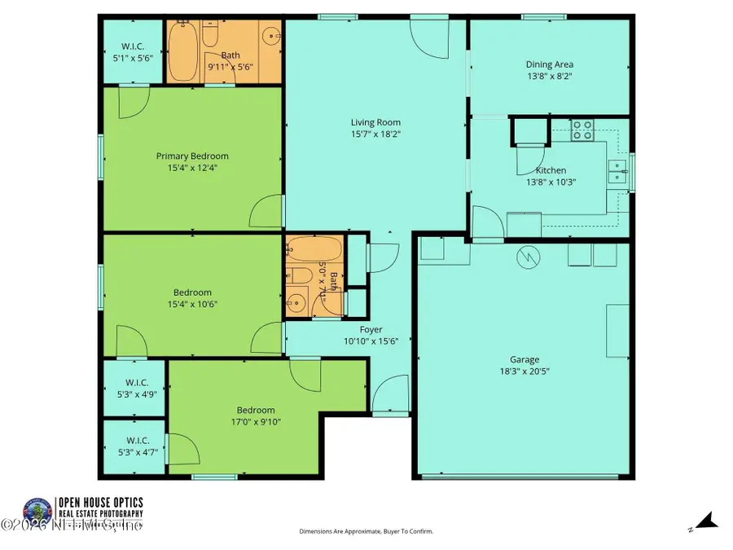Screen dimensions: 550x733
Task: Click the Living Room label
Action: coord(375,122)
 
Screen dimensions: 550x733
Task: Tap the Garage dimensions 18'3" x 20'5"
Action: coord(525,371)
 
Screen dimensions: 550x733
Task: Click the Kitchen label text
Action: coord(551,170)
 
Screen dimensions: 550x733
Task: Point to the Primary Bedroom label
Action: coord(192,156)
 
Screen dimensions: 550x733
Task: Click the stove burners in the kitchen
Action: coord(582,130)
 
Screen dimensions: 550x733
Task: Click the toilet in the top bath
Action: coord(210,36)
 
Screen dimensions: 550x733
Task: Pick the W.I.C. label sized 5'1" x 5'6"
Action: coord(132,47)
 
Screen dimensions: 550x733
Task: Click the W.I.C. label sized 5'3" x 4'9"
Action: coord(135,382)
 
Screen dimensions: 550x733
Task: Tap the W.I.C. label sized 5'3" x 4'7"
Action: coord(135,440)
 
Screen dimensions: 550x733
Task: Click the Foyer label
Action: coord(371,329)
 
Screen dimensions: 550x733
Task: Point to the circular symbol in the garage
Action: coord(529,257)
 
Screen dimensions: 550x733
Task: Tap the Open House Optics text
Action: coord(99,502)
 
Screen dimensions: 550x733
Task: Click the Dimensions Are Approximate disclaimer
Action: coord(366,531)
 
